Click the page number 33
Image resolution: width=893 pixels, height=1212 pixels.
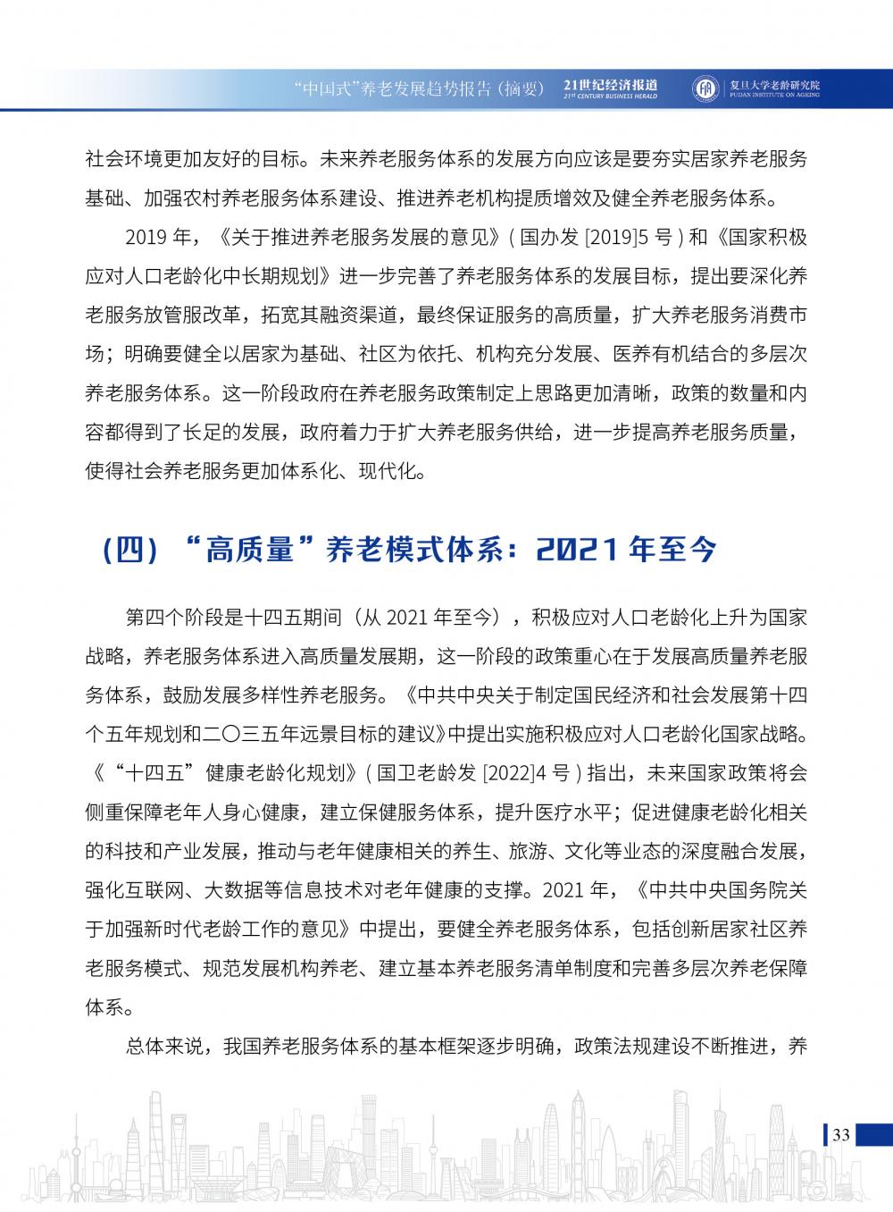point(840,1135)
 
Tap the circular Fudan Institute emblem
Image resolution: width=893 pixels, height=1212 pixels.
point(705,88)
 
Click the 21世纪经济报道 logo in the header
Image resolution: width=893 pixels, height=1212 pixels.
point(611,88)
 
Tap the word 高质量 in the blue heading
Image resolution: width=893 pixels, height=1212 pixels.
point(250,550)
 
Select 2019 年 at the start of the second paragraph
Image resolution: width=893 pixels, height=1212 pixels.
point(158,239)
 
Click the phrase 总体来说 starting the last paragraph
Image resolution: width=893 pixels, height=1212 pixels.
point(165,1047)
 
